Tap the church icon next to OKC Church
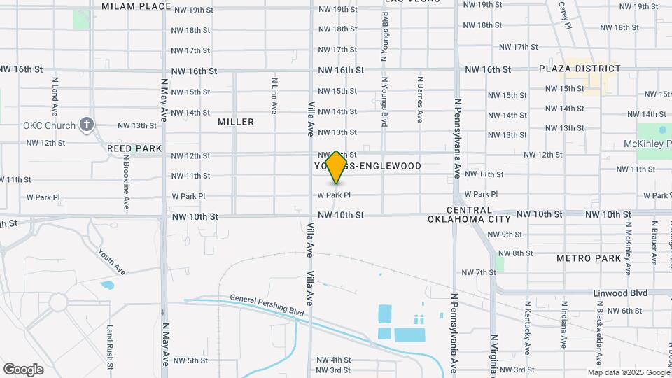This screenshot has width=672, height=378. (x=87, y=125)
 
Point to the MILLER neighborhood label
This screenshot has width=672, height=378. (x=236, y=122)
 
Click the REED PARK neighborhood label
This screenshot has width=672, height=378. (x=134, y=148)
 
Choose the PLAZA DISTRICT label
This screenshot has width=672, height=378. (x=580, y=69)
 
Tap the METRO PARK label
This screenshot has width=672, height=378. (x=589, y=258)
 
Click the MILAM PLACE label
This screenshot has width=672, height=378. (x=136, y=6)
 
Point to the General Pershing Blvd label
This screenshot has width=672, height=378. (x=267, y=304)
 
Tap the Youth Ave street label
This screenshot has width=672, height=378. (x=111, y=262)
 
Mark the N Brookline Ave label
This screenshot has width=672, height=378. (x=127, y=182)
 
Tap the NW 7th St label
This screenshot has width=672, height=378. (x=478, y=272)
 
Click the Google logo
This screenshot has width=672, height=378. (x=23, y=370)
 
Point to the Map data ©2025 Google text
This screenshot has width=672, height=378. (x=619, y=372)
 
